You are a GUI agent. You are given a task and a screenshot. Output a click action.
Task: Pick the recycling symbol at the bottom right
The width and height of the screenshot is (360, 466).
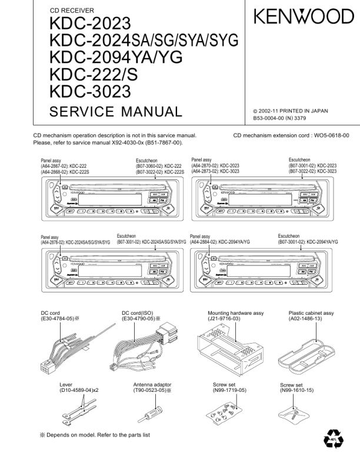pyautogui.click(x=333, y=440)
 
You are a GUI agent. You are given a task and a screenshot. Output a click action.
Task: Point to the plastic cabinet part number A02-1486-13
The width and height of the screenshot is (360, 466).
pyautogui.click(x=309, y=318)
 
